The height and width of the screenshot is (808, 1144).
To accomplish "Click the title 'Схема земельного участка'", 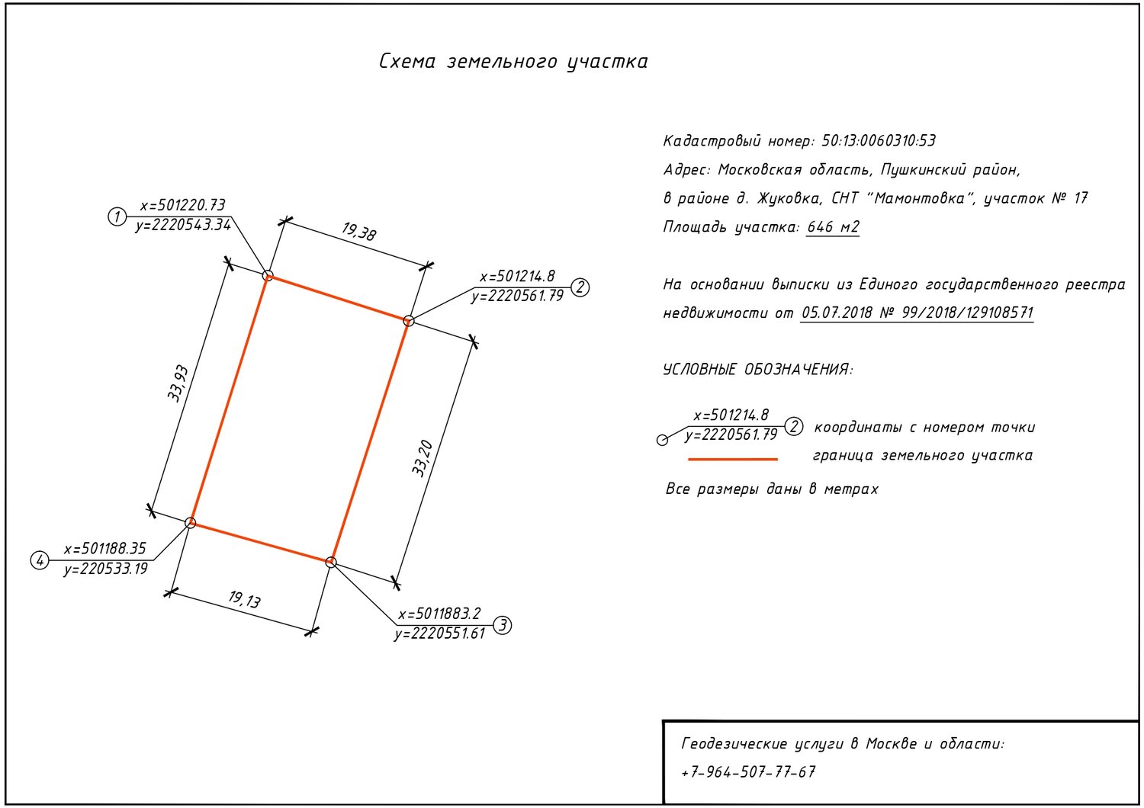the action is [x=513, y=61].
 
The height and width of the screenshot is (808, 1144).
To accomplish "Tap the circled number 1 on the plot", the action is [x=117, y=216].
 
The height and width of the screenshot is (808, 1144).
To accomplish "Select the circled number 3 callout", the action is [x=503, y=625].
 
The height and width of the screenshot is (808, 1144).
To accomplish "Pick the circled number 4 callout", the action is [x=40, y=560].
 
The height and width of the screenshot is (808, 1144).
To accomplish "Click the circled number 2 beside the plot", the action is [x=580, y=287].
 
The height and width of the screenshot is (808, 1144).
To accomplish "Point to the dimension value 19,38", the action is [x=358, y=231].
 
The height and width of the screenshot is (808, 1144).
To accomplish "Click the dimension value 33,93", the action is [x=178, y=384].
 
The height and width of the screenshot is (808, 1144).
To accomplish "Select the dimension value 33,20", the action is [x=423, y=458].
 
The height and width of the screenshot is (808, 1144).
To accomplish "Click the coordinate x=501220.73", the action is [x=182, y=205].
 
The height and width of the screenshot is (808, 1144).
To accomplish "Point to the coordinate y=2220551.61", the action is [x=440, y=634].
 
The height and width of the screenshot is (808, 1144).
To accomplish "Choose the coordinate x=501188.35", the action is [x=104, y=549].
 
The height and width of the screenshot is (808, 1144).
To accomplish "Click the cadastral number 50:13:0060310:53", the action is [x=879, y=141].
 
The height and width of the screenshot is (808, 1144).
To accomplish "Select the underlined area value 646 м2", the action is [x=833, y=226].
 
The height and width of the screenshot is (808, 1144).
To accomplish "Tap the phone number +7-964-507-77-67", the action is [x=748, y=771].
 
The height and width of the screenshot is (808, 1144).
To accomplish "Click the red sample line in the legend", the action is [x=733, y=460].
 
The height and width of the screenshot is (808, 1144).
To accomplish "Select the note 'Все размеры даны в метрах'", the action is [x=772, y=489].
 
